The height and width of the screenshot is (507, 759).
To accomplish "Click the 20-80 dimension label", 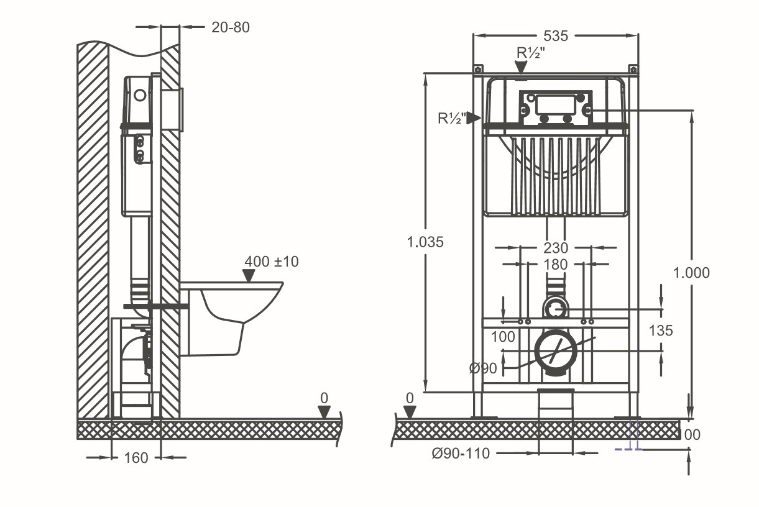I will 231,27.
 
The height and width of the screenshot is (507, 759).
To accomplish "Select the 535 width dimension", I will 555,36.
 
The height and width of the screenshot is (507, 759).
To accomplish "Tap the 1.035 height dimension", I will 425,242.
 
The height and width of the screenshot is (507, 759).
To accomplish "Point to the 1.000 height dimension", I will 691,272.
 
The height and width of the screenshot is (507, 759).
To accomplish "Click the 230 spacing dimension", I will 555,248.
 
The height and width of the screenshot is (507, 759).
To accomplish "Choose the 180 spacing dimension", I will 555,265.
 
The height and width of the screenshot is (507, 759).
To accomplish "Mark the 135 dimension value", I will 660,331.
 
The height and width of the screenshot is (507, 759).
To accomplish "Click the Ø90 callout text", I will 483,368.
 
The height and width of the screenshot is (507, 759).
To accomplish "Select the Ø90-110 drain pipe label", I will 461,454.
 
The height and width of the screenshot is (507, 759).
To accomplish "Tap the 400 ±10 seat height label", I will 271,262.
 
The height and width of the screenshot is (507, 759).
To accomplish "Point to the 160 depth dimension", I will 136,458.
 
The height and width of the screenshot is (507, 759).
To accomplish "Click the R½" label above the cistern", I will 531,53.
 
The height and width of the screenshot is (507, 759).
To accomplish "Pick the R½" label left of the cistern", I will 452,118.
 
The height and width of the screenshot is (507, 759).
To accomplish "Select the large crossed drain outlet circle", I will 555,350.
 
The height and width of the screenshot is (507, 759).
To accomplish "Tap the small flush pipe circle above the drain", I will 555,307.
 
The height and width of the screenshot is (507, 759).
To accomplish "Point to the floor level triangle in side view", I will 324,412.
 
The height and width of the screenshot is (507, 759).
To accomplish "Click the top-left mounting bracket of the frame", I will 478,69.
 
